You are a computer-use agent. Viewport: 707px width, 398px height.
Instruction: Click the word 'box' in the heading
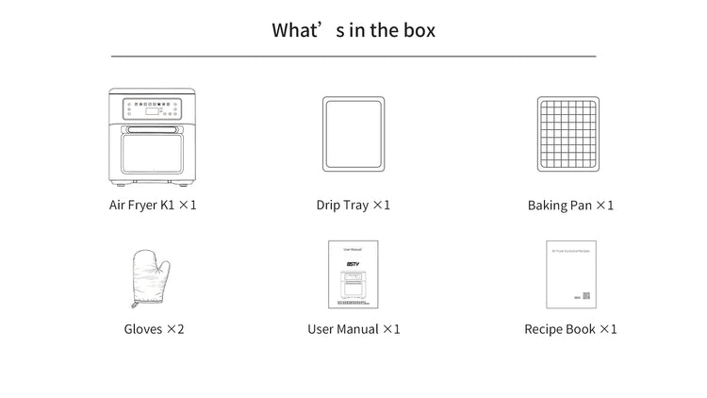coord(415,29)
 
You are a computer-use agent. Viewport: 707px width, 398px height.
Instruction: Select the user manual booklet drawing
coord(353,274)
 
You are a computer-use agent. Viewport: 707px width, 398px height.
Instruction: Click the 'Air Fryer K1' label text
coord(141,205)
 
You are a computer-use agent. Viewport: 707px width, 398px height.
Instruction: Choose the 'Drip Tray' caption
coord(342,205)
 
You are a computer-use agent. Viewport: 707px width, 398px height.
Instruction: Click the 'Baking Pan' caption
coord(560,205)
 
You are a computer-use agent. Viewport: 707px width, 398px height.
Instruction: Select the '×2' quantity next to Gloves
coord(175,329)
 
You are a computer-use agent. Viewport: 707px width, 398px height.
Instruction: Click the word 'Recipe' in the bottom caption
coord(545,329)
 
